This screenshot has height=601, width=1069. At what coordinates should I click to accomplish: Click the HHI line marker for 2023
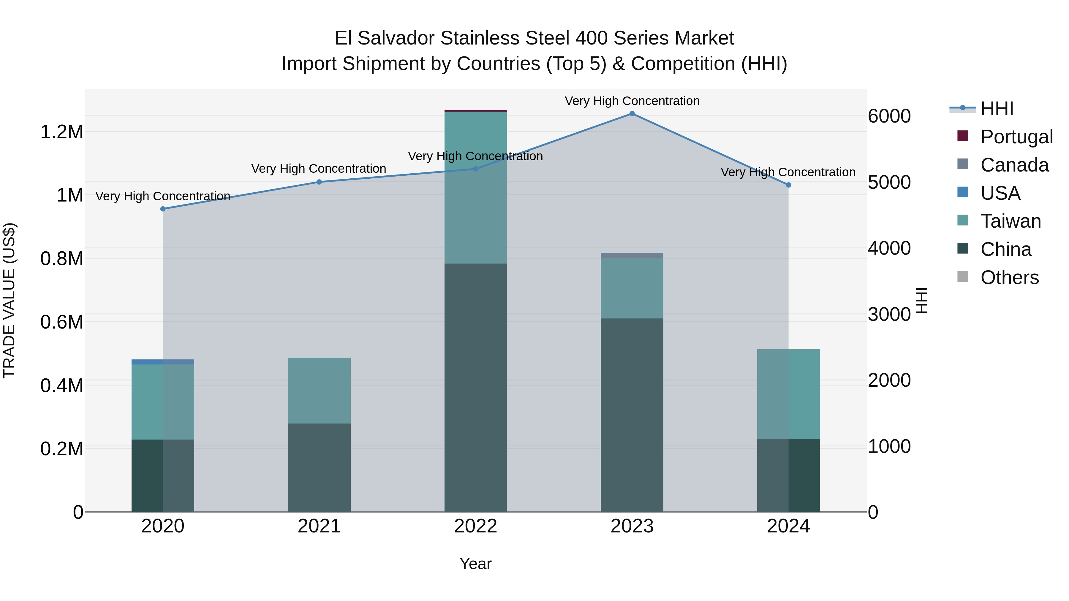(x=632, y=114)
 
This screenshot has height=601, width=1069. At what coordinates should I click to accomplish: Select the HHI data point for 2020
(x=163, y=209)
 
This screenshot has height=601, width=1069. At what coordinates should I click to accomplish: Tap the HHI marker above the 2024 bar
(x=788, y=185)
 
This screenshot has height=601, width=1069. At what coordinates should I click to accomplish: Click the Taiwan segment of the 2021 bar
(x=319, y=390)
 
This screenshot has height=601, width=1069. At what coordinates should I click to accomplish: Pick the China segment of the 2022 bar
(x=476, y=387)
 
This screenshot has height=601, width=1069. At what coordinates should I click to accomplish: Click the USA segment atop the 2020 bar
(x=163, y=362)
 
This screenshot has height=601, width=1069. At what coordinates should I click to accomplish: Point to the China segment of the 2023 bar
(x=632, y=415)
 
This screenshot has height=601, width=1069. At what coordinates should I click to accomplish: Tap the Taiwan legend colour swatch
(x=962, y=220)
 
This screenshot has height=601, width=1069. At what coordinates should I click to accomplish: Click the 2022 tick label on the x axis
(x=476, y=526)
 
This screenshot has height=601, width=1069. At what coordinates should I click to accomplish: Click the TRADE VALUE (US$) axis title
(x=9, y=300)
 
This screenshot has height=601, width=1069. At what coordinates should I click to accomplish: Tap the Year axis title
(x=476, y=564)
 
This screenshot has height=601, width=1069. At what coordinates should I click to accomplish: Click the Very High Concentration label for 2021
(x=318, y=169)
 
